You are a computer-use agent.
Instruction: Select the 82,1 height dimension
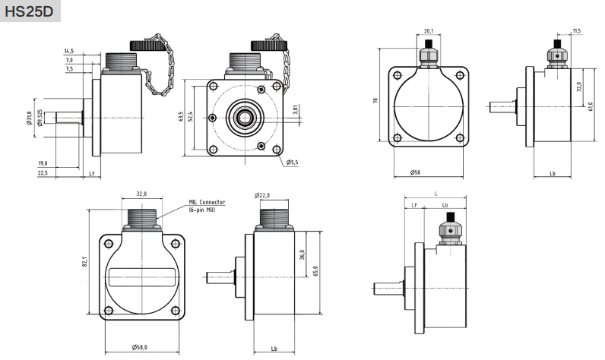86,261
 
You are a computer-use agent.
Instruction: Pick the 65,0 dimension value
314,270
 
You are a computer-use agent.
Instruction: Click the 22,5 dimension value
43,173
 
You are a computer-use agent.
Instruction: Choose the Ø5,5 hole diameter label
293,163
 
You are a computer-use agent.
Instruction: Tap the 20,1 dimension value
427,31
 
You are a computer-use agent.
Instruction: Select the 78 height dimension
375,100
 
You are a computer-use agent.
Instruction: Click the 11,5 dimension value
576,31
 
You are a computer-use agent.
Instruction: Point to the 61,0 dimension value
590,106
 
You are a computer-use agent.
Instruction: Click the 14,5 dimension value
69,51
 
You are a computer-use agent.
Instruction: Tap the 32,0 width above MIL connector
141,194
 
